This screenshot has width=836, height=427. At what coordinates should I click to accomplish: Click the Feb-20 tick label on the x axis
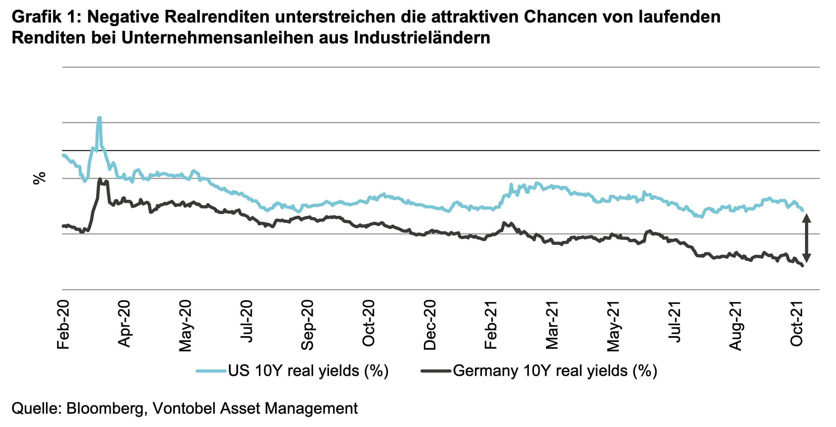point(63,325)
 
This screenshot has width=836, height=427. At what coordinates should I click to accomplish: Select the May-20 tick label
point(185,326)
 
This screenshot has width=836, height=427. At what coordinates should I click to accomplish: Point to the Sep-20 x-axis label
point(307,325)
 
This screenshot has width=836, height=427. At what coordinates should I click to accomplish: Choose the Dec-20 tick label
point(430,325)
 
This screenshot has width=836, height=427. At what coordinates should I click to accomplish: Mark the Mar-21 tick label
point(552,325)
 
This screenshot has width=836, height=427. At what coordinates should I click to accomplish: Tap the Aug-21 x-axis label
point(735,326)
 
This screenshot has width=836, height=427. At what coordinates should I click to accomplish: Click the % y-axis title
point(39,178)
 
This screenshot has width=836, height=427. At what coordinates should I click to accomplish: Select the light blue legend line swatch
point(211,371)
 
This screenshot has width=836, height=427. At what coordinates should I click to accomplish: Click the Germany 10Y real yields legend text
point(555,371)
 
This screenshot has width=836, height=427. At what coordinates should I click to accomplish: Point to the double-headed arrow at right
point(807,238)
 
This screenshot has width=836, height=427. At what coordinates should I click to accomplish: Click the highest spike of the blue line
point(99,118)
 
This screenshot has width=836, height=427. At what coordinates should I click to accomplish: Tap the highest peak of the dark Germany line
point(100,179)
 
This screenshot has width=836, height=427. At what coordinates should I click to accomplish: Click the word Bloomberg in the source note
point(105,408)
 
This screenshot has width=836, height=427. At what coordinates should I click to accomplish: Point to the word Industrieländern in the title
point(422,38)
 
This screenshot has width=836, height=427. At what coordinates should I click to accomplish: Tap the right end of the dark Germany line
point(803,266)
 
